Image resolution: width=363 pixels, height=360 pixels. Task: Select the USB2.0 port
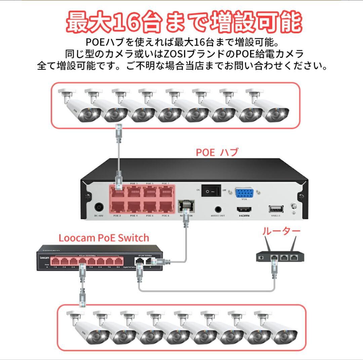tap(276, 209)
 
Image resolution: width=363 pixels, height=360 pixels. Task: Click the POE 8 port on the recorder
tap(165, 207)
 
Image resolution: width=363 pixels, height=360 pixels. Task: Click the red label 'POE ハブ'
tap(217, 152)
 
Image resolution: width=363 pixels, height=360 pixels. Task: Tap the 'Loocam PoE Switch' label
tap(104, 238)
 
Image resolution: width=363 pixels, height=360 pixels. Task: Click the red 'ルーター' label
tap(281, 231)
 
